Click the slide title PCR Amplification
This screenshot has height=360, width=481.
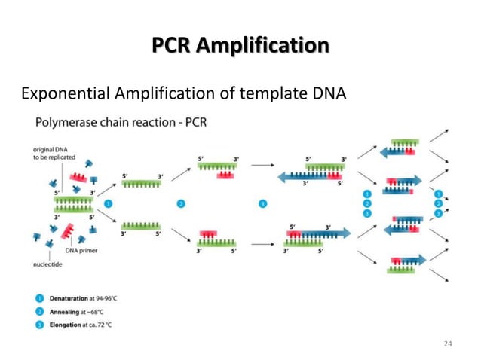click(240, 46)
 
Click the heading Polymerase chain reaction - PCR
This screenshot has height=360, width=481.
click(121, 121)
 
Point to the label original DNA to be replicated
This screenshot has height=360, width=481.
click(52, 153)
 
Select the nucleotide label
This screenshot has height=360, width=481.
click(49, 264)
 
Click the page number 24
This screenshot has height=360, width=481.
click(448, 343)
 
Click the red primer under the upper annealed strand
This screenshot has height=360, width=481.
click(224, 175)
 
